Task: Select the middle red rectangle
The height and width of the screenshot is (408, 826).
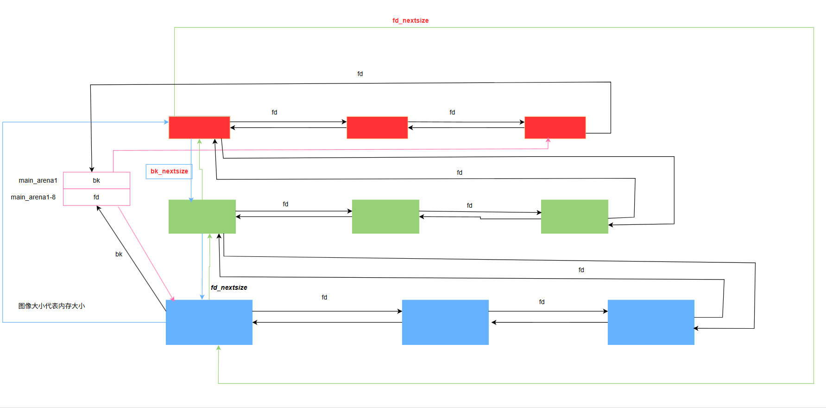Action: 377,127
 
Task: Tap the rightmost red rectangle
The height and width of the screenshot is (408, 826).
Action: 555,127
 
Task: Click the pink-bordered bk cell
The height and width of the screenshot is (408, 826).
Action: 96,180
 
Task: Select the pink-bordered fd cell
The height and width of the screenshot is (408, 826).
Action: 96,197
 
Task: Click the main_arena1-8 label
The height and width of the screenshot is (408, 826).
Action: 33,197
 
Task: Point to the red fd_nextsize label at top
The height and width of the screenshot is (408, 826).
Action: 410,20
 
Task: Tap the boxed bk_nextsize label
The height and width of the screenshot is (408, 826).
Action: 169,171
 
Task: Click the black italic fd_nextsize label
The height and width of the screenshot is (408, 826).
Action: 229,287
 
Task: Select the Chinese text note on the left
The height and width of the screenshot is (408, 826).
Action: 51,306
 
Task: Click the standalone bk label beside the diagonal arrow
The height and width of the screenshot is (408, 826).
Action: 119,254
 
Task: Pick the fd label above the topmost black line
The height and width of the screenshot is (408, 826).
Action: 360,74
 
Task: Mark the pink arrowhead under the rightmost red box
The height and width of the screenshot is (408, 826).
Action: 548,140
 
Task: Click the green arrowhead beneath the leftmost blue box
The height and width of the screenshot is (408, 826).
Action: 218,348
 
